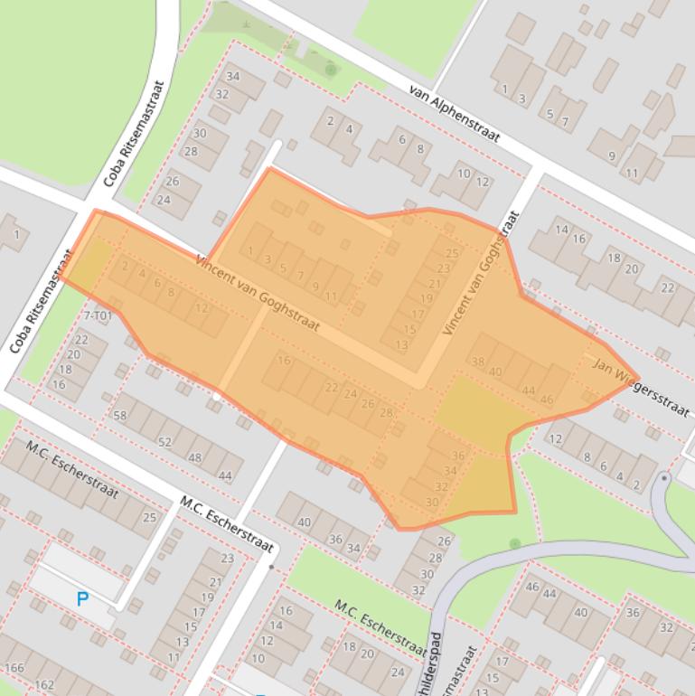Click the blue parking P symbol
pos(83,598)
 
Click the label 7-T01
pos(98,315)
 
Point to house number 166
pos(14,669)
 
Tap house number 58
pos(119,415)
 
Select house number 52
pos(164,442)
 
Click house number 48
pos(194,458)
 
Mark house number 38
pos(478,362)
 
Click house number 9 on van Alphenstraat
pos(612,156)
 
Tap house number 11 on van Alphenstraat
pos(632,173)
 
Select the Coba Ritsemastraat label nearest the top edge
pos(134,134)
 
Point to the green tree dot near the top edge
pos(331,70)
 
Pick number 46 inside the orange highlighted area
pos(546,399)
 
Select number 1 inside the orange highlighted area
pos(250,250)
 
